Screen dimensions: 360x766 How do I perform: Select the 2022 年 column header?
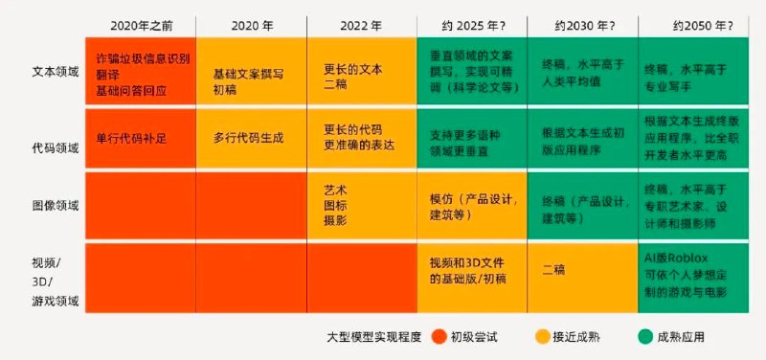click(x=361, y=23)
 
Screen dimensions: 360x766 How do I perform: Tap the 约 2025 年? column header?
click(x=471, y=23)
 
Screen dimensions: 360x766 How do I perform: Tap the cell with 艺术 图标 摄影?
click(x=337, y=205)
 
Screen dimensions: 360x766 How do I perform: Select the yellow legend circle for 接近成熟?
click(x=542, y=336)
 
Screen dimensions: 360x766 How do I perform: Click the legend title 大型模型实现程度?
click(x=374, y=337)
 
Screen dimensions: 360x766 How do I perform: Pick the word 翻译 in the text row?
click(x=108, y=74)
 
